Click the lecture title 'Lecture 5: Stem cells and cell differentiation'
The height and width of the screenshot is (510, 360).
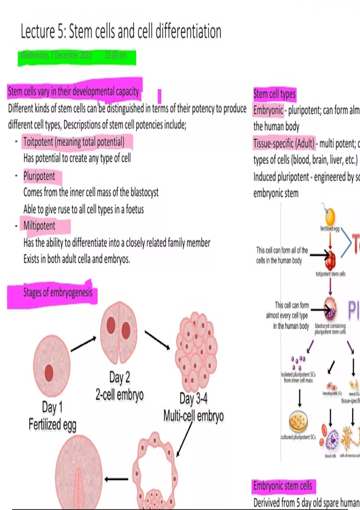121,31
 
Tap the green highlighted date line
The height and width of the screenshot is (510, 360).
76,56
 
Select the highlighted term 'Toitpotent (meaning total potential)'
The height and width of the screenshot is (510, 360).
74,142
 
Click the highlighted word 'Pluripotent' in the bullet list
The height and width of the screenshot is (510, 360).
39,176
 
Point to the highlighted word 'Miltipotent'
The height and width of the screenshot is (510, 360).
39,226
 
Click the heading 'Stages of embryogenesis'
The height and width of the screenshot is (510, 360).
58,292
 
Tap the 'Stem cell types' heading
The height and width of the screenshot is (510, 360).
274,94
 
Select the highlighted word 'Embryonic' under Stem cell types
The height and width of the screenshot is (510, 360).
268,110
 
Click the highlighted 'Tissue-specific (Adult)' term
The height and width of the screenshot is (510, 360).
284,143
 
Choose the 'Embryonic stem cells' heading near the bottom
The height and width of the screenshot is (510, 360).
283,486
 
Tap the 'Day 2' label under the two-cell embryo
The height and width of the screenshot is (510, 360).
119,377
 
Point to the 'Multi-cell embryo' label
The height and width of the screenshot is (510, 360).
193,416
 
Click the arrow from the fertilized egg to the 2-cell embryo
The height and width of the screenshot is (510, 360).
83,344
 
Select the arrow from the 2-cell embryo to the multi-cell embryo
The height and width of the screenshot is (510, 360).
157,340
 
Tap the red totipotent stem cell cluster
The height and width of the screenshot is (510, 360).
330,260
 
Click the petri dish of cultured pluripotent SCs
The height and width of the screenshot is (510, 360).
298,421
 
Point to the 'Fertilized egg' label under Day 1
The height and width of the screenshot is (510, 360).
52,424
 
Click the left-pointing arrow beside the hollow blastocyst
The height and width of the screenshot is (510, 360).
116,479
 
